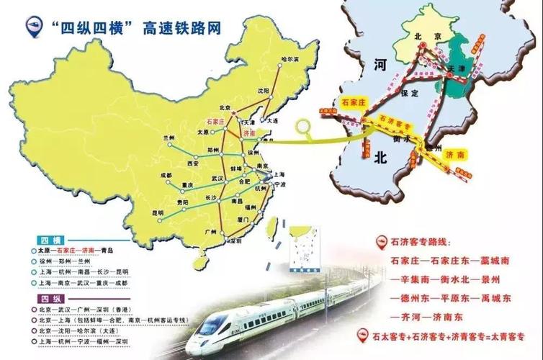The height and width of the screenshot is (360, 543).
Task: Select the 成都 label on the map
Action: pos(166,174)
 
